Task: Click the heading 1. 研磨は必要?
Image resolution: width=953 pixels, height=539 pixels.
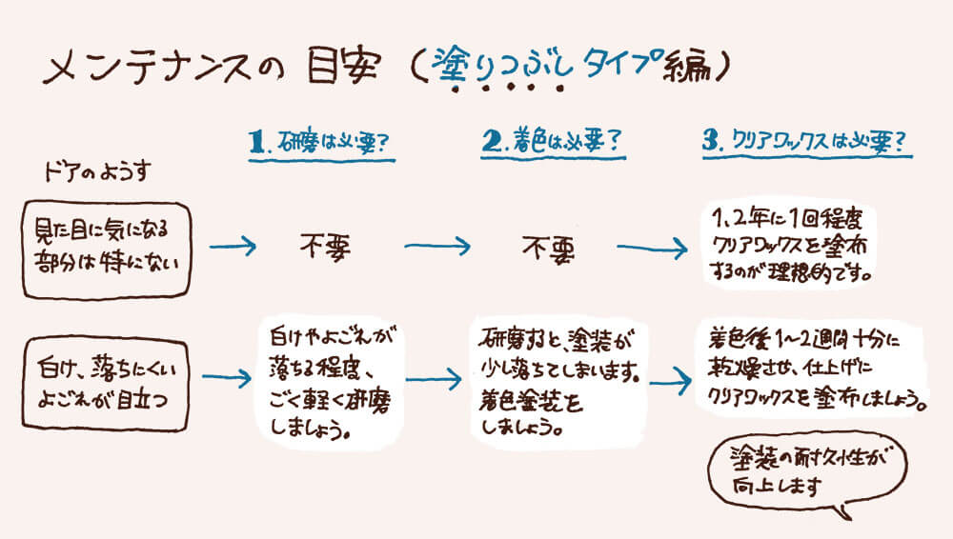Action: [323, 143]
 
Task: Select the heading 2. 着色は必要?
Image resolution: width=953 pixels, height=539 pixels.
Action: [552, 142]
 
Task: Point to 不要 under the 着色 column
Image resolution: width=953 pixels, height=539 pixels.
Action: [548, 247]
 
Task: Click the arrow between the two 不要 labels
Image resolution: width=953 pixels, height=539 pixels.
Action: [437, 248]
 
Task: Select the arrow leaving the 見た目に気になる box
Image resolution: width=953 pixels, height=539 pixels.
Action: [233, 248]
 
